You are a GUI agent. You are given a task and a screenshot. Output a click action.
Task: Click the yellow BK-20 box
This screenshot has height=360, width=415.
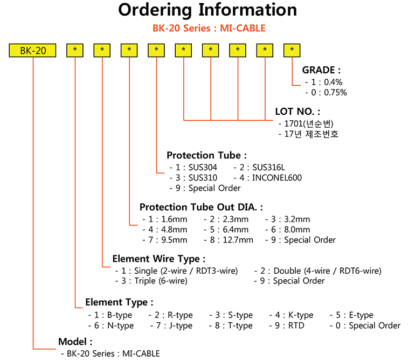coord(33,51)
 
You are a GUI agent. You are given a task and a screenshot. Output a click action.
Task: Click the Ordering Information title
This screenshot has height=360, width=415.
coord(207,10)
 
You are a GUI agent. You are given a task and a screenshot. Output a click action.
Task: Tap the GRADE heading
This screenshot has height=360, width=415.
coord(321,70)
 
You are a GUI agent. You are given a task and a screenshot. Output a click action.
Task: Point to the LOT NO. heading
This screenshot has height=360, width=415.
coord(298,112)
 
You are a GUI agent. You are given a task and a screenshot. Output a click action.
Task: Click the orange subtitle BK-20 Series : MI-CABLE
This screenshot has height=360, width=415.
coord(207,28)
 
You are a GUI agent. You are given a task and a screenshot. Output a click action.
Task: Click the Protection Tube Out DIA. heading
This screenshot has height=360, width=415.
coord(202,207)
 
